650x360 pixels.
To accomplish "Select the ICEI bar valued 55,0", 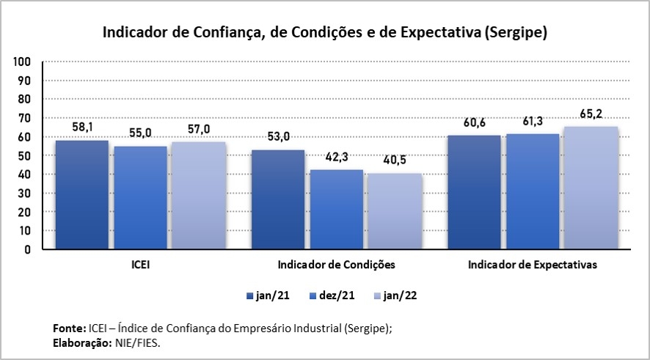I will pyautogui.click(x=140, y=197).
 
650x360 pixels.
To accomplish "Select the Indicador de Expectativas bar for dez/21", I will pyautogui.click(x=532, y=191).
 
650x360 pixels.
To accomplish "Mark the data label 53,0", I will pyautogui.click(x=278, y=139).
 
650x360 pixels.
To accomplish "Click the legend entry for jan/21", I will pyautogui.click(x=268, y=295).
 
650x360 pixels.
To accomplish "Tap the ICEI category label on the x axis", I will pyautogui.click(x=141, y=264).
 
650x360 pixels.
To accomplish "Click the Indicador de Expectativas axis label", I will pyautogui.click(x=532, y=264).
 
